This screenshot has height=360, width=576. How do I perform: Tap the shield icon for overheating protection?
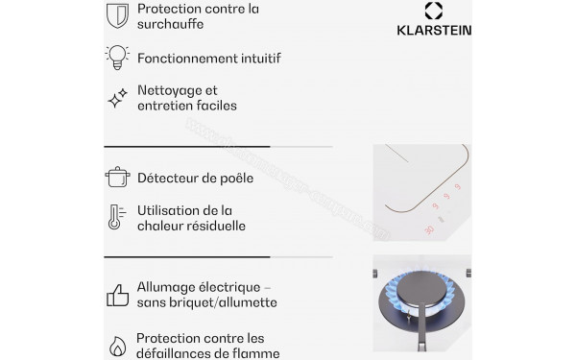click(116, 15)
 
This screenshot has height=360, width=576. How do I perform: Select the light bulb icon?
click(116, 57)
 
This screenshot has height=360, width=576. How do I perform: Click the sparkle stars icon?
click(116, 98)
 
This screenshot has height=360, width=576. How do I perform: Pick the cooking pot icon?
click(116, 177)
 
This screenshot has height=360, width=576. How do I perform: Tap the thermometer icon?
click(115, 218)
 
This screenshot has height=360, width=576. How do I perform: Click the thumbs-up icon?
click(116, 294)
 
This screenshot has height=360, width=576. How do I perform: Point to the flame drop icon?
click(116, 345)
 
